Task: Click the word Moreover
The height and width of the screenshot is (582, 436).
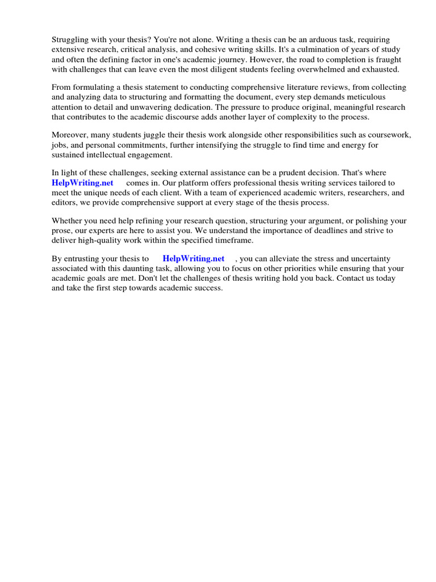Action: [x=69, y=135]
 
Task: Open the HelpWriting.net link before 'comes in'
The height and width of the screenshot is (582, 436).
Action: [x=83, y=183]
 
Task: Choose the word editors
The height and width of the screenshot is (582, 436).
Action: [x=66, y=202]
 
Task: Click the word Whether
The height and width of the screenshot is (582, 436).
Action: [x=66, y=221]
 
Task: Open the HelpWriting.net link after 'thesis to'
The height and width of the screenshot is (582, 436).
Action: [x=194, y=259]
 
